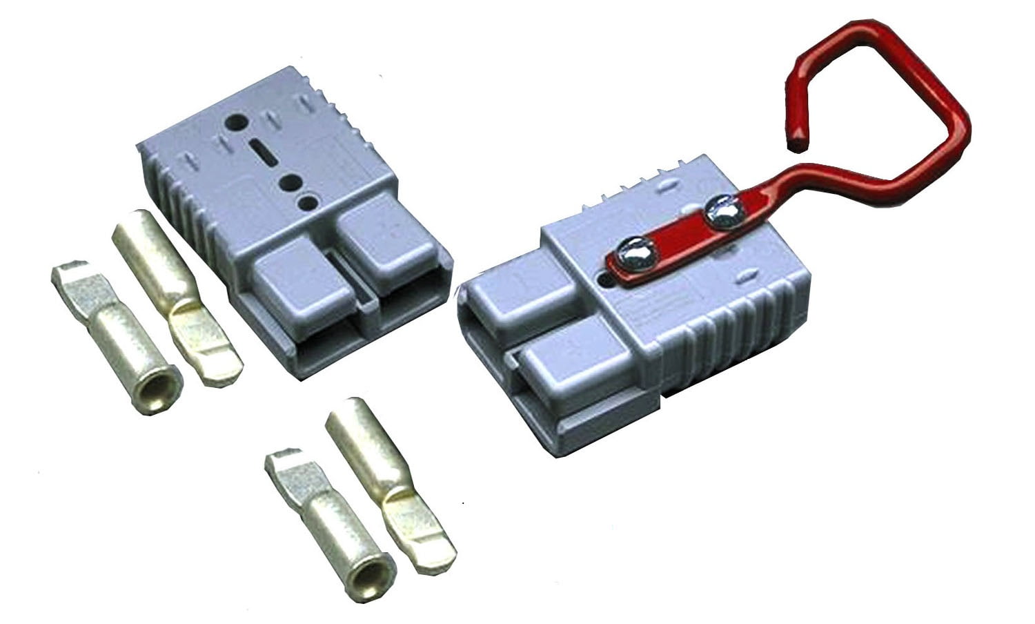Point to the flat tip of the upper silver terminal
(x=71, y=276)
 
